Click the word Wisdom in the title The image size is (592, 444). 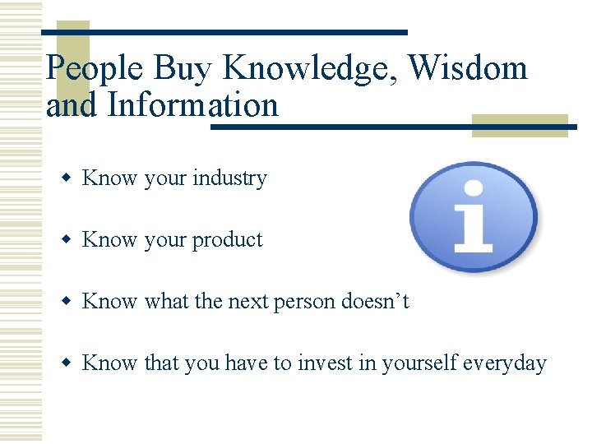coord(468,67)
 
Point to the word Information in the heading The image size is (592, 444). coord(193,105)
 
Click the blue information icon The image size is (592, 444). coord(473,217)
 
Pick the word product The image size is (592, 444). coord(227,240)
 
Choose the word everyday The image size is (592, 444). coord(505,363)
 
